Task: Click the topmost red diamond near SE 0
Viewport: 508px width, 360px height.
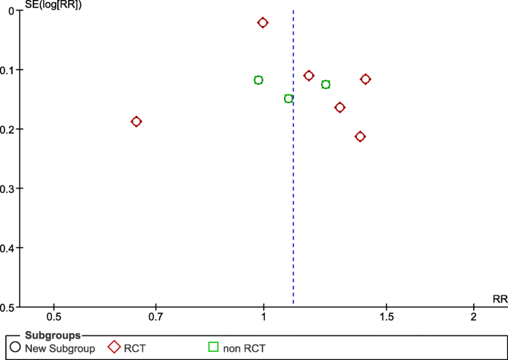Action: pyautogui.click(x=263, y=23)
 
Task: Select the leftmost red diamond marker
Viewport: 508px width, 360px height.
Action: pyautogui.click(x=136, y=122)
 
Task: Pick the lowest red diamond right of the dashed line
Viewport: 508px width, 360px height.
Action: pyautogui.click(x=360, y=137)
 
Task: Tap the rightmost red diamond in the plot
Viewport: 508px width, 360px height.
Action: pyautogui.click(x=365, y=79)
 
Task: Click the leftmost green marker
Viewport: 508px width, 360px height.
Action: pyautogui.click(x=258, y=80)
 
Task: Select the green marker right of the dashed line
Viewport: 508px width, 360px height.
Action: pyautogui.click(x=326, y=85)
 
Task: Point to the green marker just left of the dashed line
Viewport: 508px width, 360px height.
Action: pyautogui.click(x=288, y=99)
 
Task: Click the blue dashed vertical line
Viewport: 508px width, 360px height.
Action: pyautogui.click(x=293, y=186)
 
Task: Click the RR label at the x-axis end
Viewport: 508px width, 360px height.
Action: pyautogui.click(x=500, y=299)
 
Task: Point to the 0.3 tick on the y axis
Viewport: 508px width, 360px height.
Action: pyautogui.click(x=11, y=189)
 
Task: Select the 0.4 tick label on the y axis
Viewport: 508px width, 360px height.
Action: pyautogui.click(x=11, y=248)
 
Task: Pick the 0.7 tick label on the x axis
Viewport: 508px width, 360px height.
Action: pyautogui.click(x=156, y=317)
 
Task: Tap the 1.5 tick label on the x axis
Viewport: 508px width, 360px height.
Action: pyautogui.click(x=386, y=317)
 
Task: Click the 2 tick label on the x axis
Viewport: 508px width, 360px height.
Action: pyautogui.click(x=474, y=317)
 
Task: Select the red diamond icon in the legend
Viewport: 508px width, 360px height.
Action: pyautogui.click(x=114, y=347)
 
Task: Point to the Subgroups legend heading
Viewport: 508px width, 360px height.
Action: pyautogui.click(x=51, y=336)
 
